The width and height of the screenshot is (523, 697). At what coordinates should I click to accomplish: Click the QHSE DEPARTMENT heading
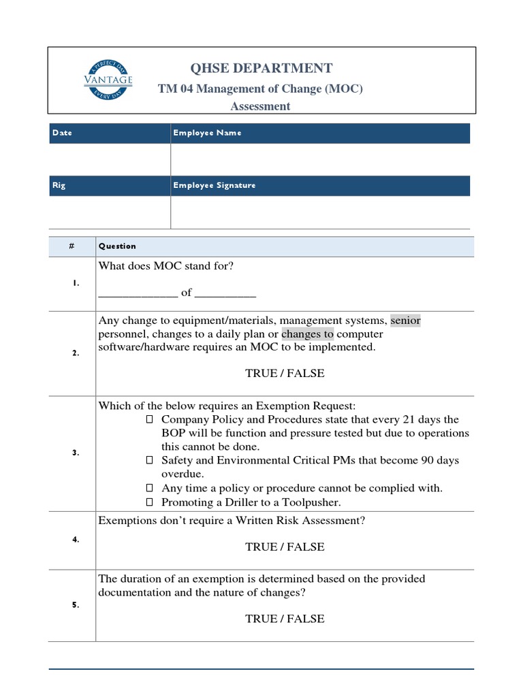[x=262, y=68]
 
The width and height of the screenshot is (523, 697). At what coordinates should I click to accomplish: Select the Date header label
[x=61, y=133]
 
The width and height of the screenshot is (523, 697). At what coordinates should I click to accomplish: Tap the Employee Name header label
[x=207, y=133]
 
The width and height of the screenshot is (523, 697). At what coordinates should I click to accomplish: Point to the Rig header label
[x=59, y=185]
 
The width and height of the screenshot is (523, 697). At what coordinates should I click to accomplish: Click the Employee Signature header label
[x=215, y=185]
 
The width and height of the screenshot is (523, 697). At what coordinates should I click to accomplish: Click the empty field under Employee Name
[x=320, y=159]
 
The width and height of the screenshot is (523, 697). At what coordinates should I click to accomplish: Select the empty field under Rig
[x=110, y=212]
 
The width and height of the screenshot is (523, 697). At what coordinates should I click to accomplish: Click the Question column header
[x=117, y=246]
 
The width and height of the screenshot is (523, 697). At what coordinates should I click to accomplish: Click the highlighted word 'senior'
[x=405, y=320]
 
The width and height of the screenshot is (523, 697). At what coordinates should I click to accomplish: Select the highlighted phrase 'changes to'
[x=307, y=334]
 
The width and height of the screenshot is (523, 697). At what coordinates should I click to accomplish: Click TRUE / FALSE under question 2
[x=285, y=373]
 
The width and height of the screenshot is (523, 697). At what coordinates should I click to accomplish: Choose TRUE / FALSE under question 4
[x=285, y=547]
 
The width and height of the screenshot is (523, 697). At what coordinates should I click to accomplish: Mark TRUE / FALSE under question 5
[x=285, y=619]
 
